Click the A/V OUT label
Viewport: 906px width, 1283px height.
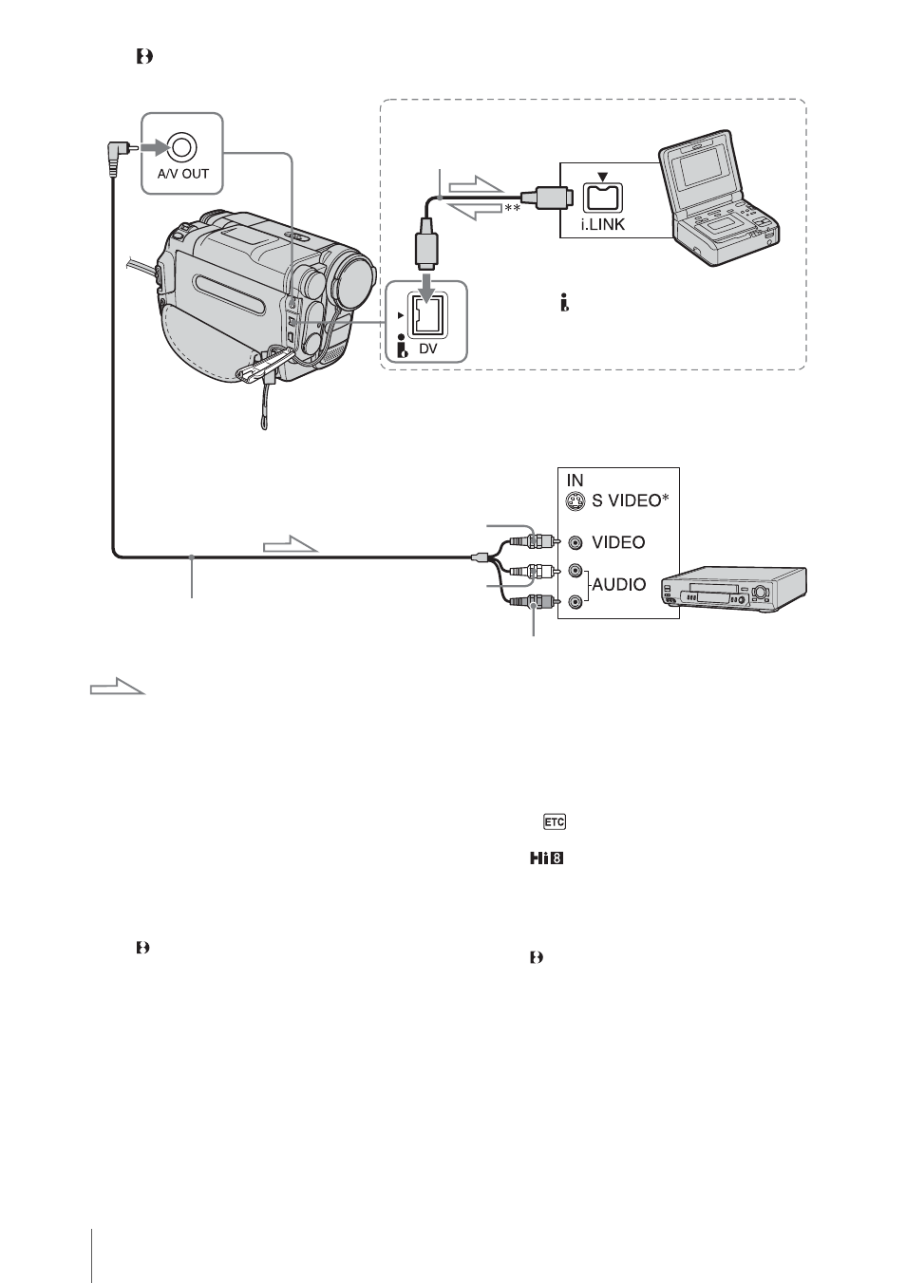click(182, 174)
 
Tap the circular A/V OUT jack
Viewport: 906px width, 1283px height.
click(182, 148)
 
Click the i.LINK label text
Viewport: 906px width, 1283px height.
click(602, 224)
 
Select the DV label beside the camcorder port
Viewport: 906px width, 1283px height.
click(427, 348)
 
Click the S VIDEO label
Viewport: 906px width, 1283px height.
click(630, 500)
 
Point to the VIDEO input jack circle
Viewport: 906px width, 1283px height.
click(576, 542)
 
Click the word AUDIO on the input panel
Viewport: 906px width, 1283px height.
click(619, 584)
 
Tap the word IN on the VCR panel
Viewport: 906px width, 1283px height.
click(575, 480)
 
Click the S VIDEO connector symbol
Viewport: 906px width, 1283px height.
click(575, 501)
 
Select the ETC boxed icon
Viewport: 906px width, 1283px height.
click(554, 821)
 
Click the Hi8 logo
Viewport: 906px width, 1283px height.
click(546, 858)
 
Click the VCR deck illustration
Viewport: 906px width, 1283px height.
click(733, 590)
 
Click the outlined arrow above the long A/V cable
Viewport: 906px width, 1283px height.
click(291, 544)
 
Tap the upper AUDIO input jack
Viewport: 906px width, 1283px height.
click(576, 571)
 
